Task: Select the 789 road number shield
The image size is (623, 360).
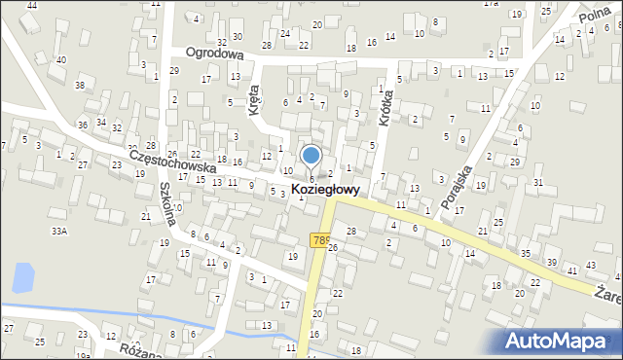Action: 319,239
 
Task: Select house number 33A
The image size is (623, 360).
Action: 59,231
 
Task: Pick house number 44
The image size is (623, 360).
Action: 31,5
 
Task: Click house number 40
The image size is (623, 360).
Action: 61,59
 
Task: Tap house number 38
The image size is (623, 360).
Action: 80,86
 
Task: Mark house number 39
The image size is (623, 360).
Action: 552,263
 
